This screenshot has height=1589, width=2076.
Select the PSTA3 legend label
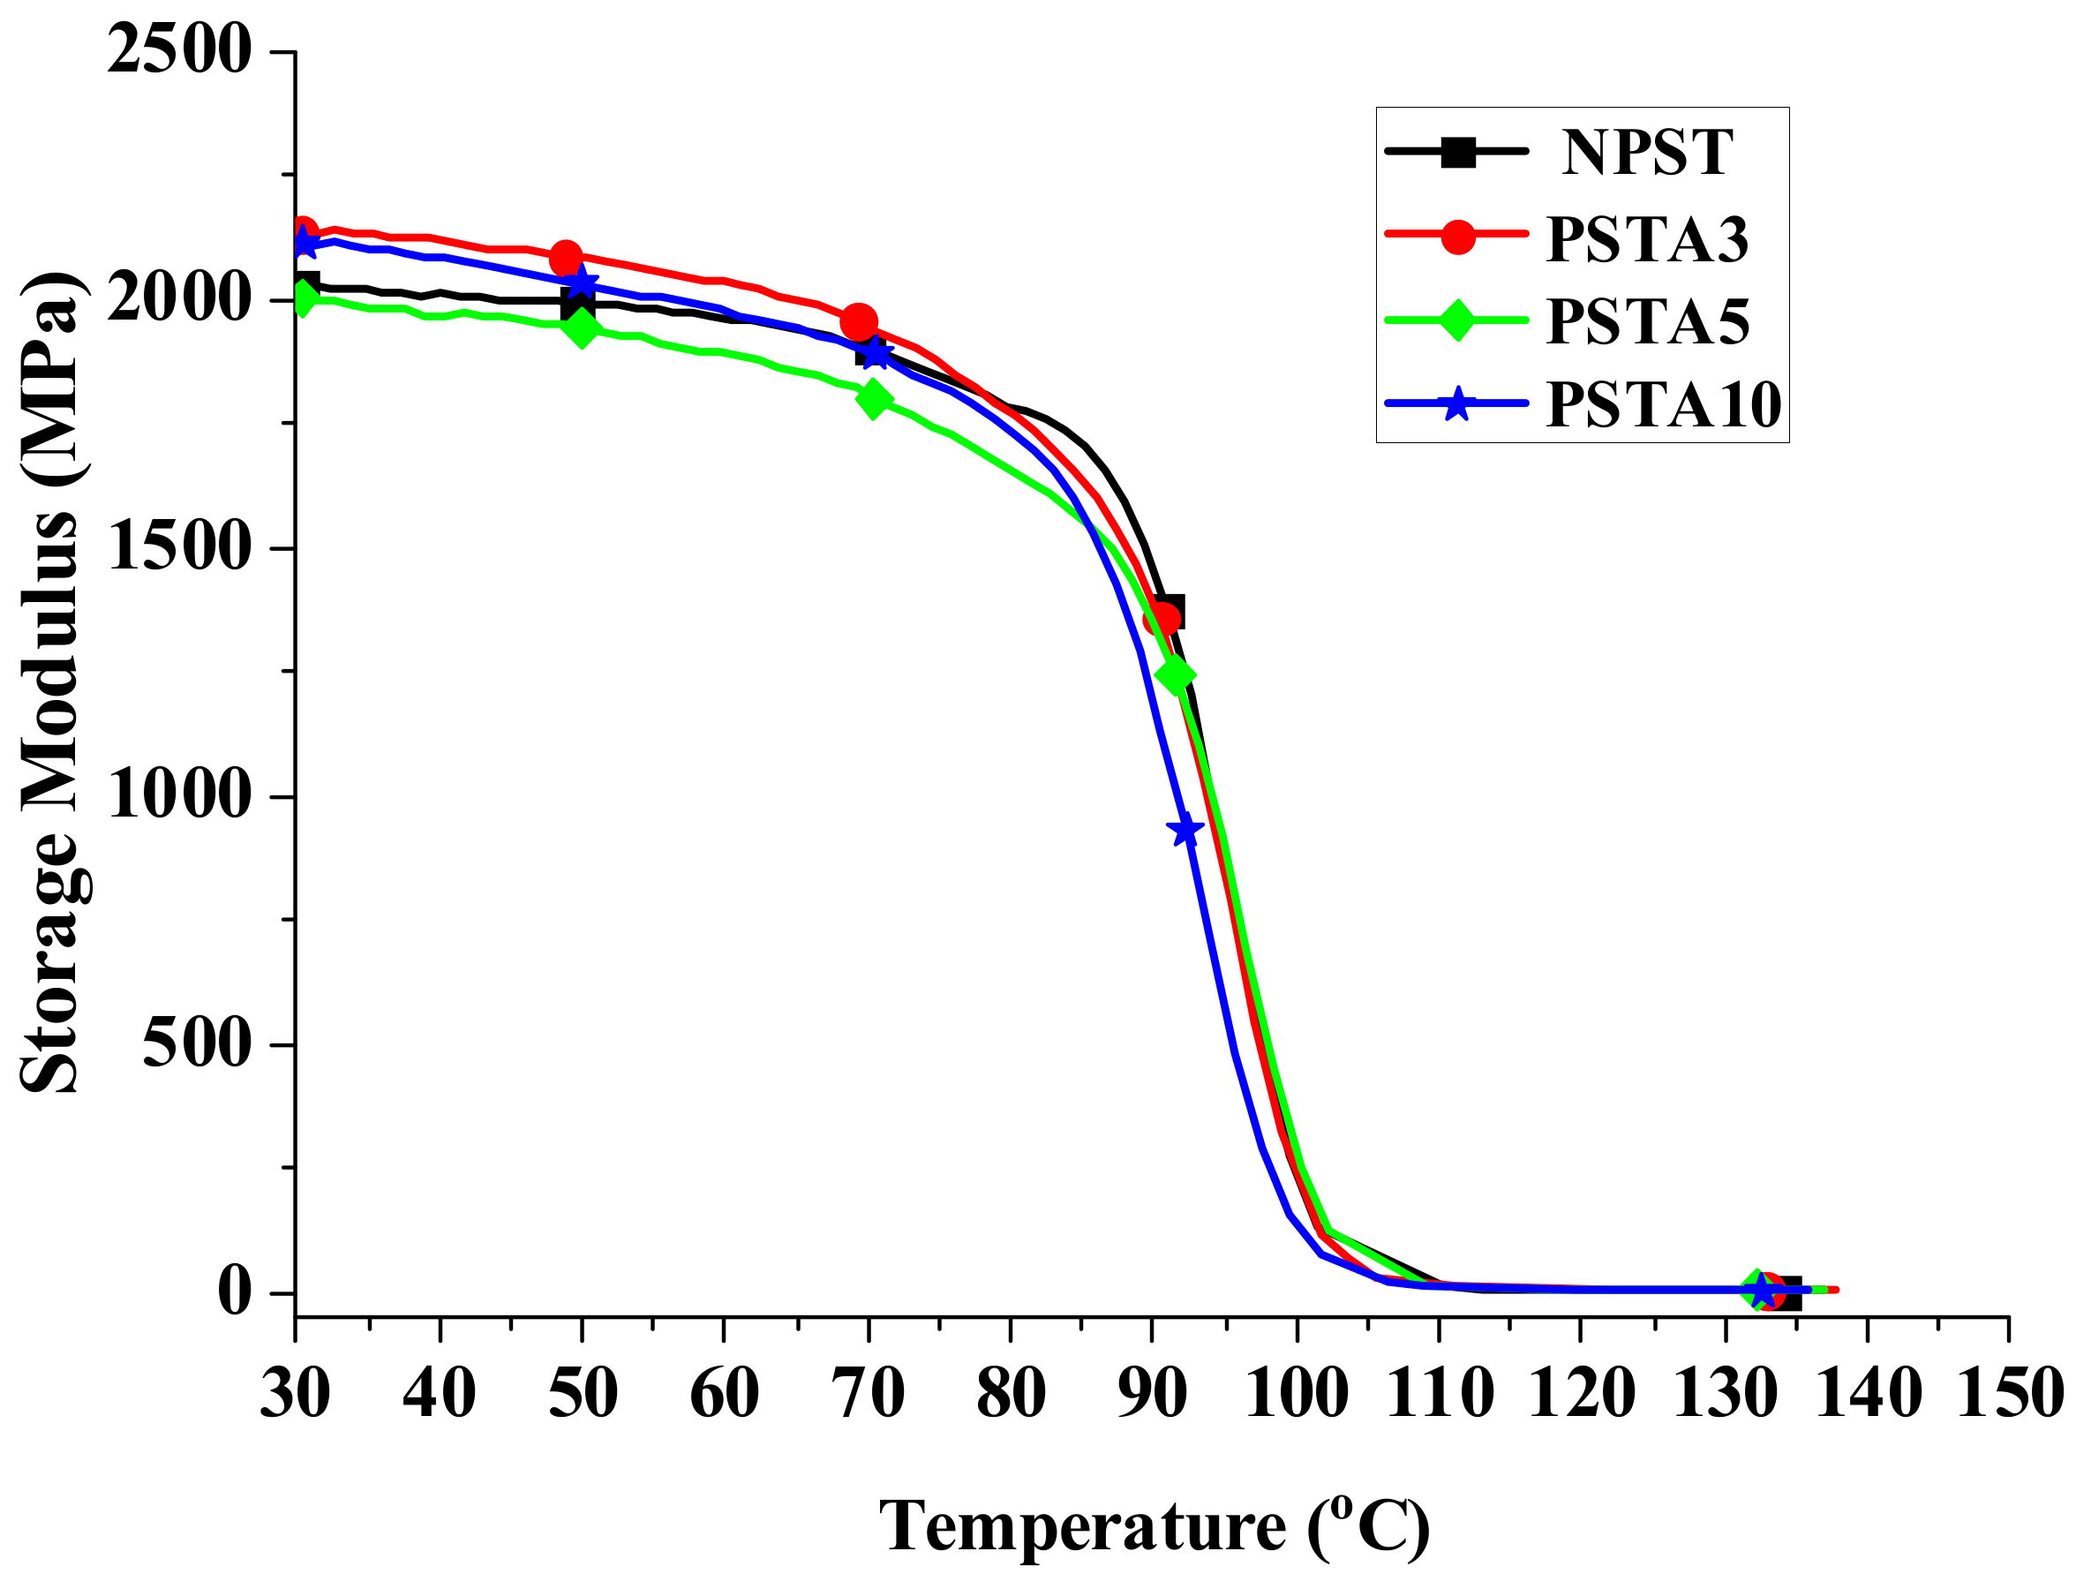(1647, 238)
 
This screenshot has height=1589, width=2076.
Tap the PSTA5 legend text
(1647, 320)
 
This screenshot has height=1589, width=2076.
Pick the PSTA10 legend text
(1663, 405)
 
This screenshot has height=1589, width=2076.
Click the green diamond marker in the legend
(1457, 320)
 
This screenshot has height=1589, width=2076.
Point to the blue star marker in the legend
(1457, 405)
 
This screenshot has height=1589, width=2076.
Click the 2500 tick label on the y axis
(179, 50)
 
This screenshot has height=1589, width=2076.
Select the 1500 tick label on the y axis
(179, 547)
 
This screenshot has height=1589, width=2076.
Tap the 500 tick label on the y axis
(196, 1045)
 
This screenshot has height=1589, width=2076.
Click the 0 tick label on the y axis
(235, 1292)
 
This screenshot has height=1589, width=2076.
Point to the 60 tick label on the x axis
(724, 1393)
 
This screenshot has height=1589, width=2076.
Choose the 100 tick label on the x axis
(1297, 1393)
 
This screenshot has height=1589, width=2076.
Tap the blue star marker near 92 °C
(1185, 831)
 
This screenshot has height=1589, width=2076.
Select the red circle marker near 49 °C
(566, 257)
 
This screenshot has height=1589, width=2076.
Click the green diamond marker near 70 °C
(873, 399)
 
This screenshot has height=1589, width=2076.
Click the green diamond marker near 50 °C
(582, 328)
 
